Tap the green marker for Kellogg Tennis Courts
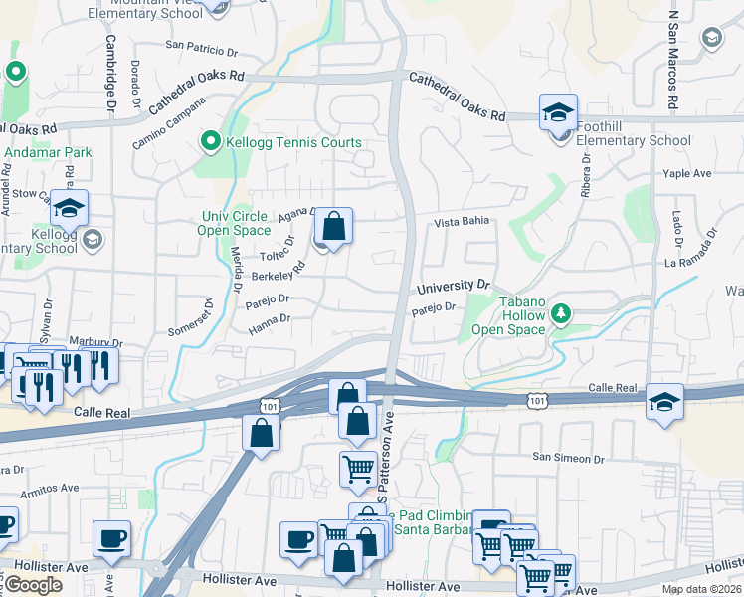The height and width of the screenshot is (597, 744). tap(210, 142)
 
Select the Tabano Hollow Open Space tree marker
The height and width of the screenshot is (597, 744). tap(561, 314)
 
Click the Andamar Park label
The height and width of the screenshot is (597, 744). tap(48, 152)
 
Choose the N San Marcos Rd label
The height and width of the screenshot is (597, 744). tap(673, 60)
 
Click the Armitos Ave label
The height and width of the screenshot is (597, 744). tap(46, 488)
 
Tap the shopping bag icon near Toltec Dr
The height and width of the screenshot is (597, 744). tap(335, 226)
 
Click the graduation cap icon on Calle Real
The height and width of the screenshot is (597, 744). tap(664, 401)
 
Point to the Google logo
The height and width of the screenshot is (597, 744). tap(33, 585)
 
